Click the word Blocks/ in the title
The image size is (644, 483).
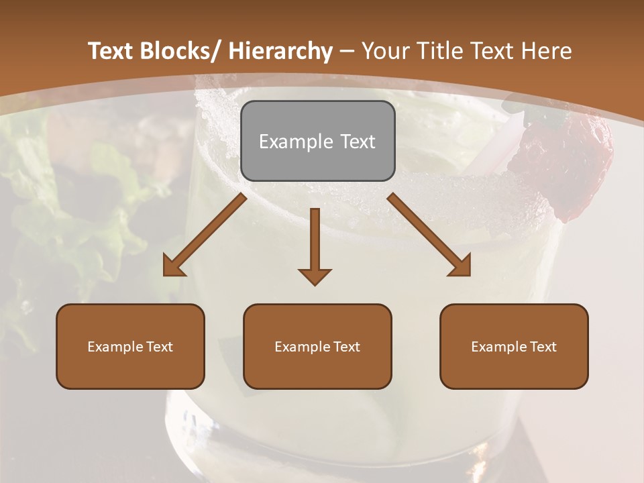(x=177, y=51)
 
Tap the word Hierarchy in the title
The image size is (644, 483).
(x=280, y=51)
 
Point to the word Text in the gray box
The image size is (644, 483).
(x=357, y=142)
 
